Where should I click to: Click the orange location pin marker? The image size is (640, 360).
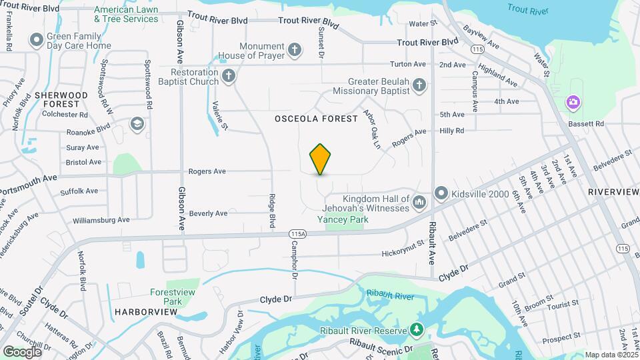(x=321, y=159)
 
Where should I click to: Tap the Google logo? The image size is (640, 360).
(x=22, y=351)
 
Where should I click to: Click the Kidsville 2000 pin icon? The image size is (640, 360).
(x=441, y=193)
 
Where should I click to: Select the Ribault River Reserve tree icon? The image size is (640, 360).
(x=417, y=329)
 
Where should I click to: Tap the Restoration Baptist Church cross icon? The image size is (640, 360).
(x=229, y=75)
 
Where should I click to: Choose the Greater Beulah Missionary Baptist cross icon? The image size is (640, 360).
(x=419, y=85)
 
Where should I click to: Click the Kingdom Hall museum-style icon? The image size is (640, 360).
(x=419, y=202)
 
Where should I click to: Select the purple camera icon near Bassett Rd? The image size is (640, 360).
(x=573, y=102)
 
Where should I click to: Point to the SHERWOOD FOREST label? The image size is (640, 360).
(x=61, y=99)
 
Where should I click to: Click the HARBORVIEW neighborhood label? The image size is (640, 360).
(x=139, y=311)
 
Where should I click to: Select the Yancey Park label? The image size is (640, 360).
(x=342, y=219)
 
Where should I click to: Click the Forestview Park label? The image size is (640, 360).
(x=166, y=297)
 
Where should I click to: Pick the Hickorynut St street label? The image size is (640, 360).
(x=403, y=253)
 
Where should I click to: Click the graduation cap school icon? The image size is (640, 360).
(x=137, y=123)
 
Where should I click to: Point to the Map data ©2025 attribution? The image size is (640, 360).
(x=610, y=355)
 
